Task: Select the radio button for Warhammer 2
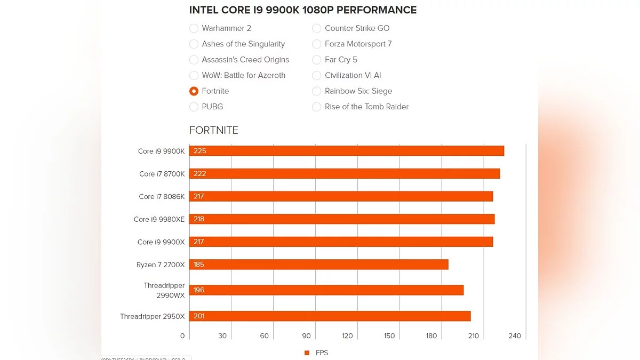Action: tap(194, 28)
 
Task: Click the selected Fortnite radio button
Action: tap(194, 91)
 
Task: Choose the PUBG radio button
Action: tap(194, 107)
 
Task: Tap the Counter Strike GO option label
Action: tap(357, 28)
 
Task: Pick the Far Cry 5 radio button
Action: tap(316, 60)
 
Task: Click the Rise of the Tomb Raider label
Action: tap(366, 107)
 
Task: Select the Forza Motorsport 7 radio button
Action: tap(316, 44)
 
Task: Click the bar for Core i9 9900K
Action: tap(347, 151)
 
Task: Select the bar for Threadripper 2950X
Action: tap(330, 316)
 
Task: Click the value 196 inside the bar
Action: tap(199, 290)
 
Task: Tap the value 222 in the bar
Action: tap(200, 174)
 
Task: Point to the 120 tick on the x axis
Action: tap(347, 336)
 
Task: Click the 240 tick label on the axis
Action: tap(515, 336)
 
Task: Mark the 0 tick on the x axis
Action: tap(182, 336)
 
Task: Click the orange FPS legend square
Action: tap(307, 353)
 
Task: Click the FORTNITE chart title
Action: tap(214, 130)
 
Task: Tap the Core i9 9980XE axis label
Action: tap(159, 219)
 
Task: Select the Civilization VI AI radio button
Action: tap(316, 75)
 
